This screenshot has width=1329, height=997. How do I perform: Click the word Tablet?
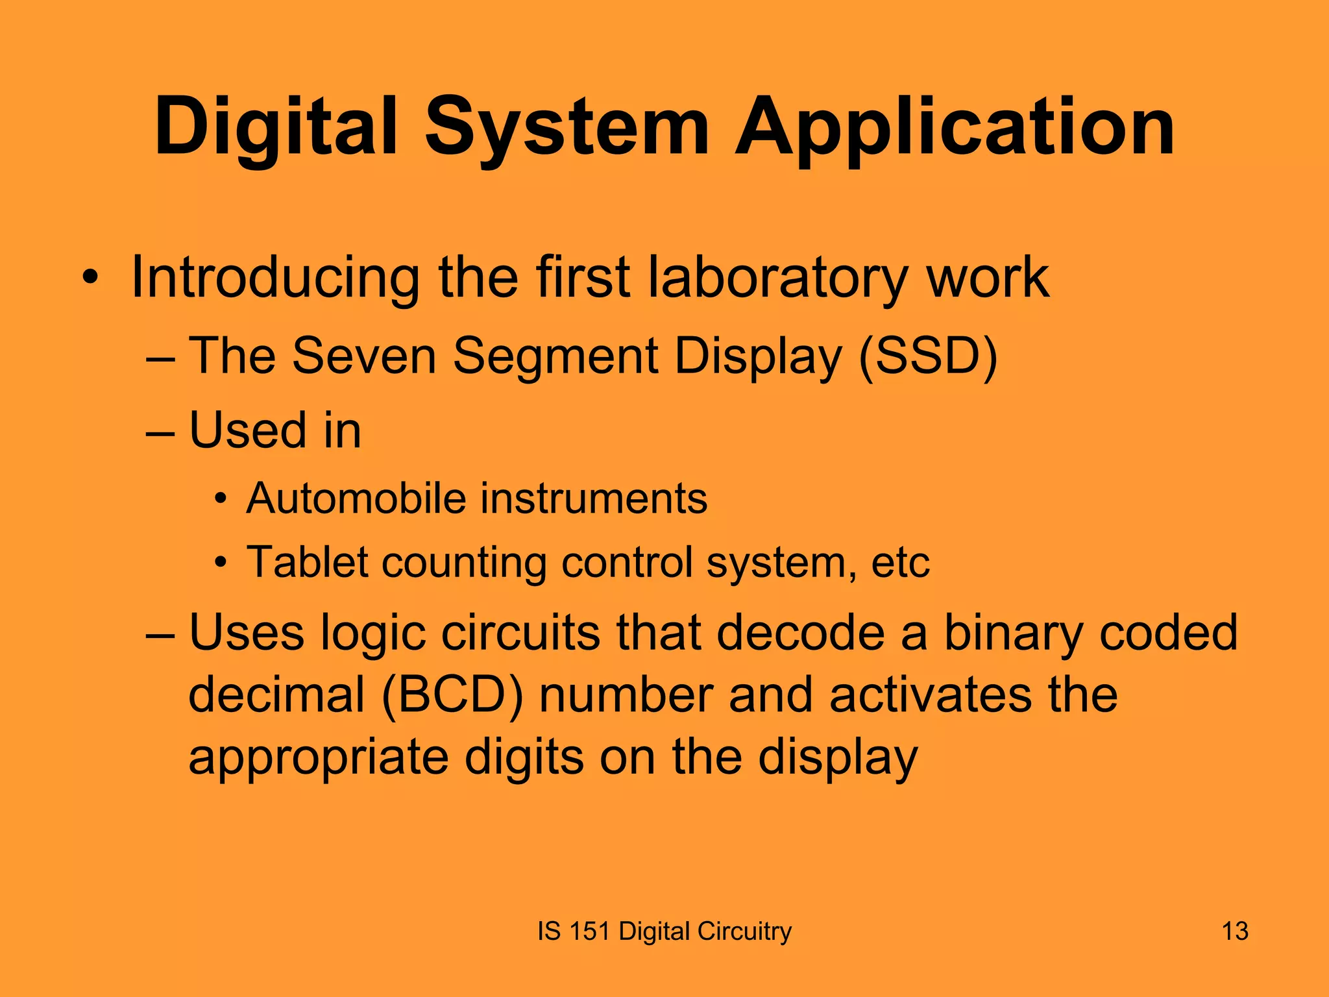[x=308, y=561]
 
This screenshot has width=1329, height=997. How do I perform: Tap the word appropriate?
[x=319, y=758]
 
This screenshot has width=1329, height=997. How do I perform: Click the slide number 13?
[x=1235, y=931]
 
